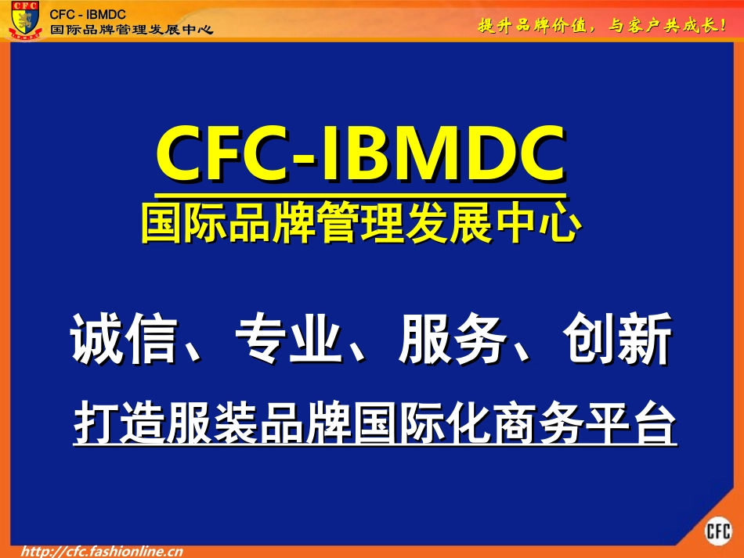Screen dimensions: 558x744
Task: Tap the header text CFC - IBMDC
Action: tap(88, 15)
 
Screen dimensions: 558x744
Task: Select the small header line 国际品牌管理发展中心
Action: tap(131, 30)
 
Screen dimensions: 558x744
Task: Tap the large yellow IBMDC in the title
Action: tap(442, 155)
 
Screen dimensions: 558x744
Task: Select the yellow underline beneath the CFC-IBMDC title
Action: tap(359, 193)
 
